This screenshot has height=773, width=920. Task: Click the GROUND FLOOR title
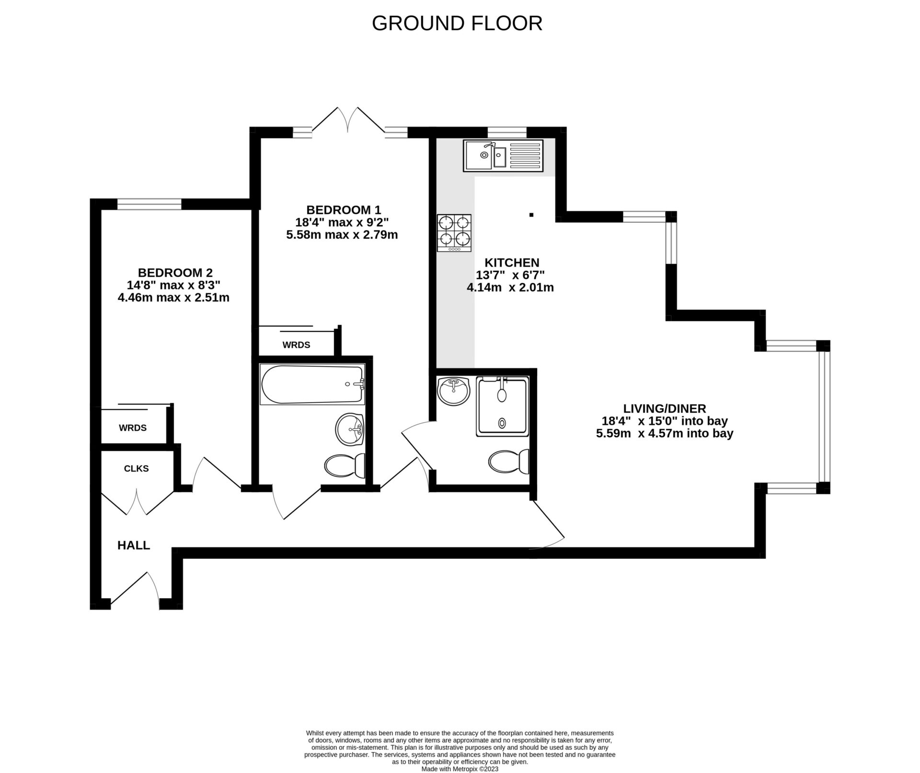point(457,23)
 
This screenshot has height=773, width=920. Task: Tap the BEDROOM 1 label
point(344,210)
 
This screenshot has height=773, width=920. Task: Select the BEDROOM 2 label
point(175,273)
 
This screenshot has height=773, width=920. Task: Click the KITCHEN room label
point(512,263)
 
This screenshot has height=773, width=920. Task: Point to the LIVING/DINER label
point(664,409)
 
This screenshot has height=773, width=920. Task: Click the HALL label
point(134,545)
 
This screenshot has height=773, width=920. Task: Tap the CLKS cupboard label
point(136,469)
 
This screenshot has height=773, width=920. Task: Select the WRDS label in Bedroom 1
point(296,345)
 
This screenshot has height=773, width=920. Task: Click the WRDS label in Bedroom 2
point(133,428)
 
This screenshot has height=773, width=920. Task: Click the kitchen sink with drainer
point(503,156)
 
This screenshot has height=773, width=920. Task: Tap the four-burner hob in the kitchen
point(454,233)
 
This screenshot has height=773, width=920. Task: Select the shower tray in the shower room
point(502,406)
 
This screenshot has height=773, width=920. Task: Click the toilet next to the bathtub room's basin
point(345,465)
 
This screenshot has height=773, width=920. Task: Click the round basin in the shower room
point(453,391)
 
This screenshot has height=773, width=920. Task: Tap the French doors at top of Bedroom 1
point(348,119)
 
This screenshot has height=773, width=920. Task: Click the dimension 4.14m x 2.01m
point(510,288)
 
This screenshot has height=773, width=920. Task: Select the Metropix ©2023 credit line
point(460,769)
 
